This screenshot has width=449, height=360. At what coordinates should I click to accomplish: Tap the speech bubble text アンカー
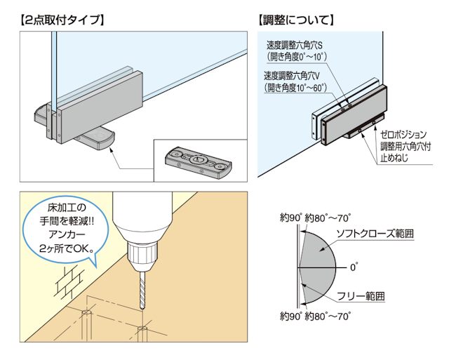tap(61, 234)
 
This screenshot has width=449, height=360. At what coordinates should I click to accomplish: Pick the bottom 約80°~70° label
tap(328, 317)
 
